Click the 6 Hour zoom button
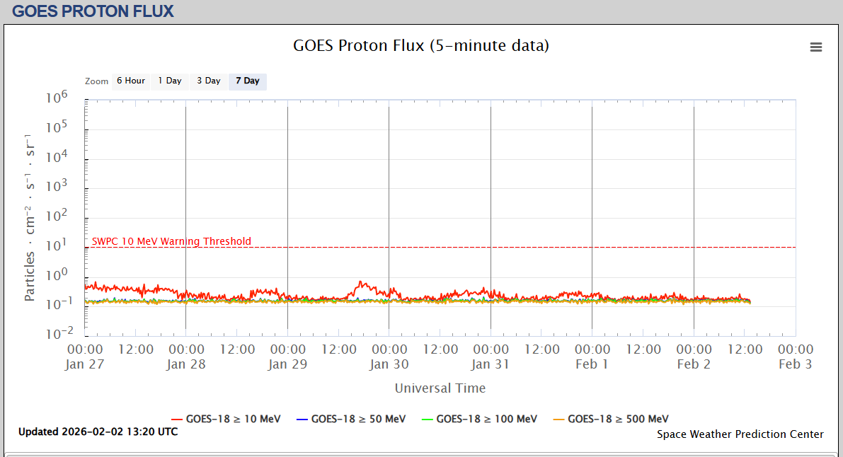pos(131,81)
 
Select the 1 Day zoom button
pos(170,81)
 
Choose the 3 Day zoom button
pos(209,81)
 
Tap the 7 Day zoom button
pos(248,81)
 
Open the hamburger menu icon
pos(816,47)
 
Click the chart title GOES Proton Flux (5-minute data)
pos(421,46)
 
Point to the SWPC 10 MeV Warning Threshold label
pos(171,241)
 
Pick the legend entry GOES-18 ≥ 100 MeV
pos(479,419)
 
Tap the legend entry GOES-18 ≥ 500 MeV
pos(610,419)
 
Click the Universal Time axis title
pos(440,388)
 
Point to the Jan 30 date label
pos(389,364)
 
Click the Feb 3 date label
pos(796,364)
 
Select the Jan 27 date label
pos(85,364)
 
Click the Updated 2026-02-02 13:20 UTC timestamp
pos(98,432)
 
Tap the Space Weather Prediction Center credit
pos(740,434)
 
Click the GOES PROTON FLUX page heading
pos(93,11)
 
